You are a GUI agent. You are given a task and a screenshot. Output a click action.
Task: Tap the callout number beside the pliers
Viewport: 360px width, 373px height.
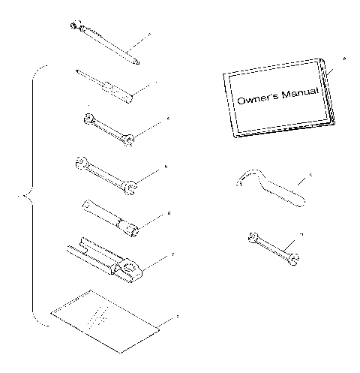coord(173,255)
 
